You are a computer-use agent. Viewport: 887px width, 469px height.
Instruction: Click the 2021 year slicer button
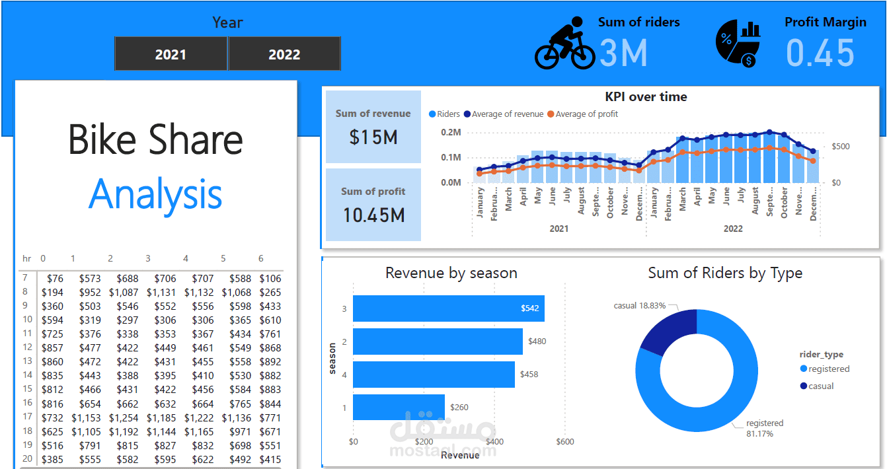click(171, 54)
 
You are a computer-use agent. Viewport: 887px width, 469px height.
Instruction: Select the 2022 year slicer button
click(284, 54)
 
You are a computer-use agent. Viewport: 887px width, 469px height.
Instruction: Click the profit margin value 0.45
click(821, 53)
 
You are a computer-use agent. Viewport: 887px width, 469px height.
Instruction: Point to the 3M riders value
click(623, 53)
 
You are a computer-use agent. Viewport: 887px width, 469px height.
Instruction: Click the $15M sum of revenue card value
click(373, 137)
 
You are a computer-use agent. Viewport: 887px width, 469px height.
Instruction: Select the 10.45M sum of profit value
click(373, 215)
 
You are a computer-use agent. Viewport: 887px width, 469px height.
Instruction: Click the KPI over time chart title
click(646, 97)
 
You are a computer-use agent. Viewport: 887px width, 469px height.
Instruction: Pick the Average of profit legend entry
click(586, 114)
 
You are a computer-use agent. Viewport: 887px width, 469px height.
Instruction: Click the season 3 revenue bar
click(448, 308)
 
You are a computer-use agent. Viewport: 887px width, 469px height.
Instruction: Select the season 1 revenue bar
click(399, 408)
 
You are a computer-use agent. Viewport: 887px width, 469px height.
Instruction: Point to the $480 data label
click(537, 342)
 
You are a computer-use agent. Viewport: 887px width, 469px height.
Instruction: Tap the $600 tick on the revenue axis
click(564, 442)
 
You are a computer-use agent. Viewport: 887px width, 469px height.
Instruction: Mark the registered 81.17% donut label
click(765, 428)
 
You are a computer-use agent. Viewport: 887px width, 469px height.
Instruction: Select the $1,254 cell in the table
click(124, 417)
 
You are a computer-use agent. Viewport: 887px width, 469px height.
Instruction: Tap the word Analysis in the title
click(155, 194)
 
